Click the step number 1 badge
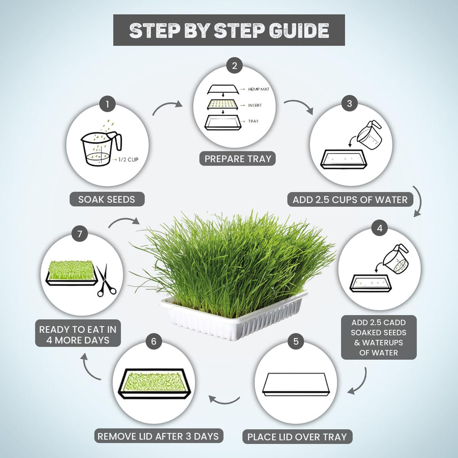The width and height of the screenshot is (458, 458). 107,104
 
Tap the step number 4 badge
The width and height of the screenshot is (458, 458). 380,228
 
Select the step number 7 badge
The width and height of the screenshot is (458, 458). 80,234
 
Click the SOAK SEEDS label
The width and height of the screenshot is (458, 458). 107,199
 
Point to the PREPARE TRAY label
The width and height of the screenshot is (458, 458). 238,159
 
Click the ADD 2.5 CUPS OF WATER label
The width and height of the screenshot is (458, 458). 350,199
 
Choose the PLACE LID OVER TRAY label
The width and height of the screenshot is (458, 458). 297,437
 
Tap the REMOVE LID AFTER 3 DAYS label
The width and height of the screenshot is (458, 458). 158,436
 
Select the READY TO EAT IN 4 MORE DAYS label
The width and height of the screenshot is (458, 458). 78,335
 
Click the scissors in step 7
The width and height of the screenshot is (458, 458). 105,280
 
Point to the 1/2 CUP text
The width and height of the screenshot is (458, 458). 128,159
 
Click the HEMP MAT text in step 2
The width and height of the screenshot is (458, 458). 259,89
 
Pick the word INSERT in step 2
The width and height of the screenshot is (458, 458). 255,105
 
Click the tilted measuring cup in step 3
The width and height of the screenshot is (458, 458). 369,135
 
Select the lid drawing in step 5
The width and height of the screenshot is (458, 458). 296,384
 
